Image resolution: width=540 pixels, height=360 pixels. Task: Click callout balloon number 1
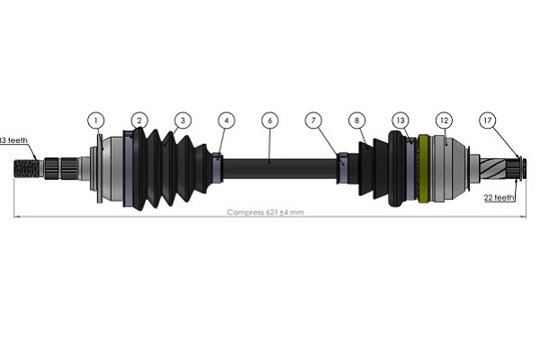point(96,120)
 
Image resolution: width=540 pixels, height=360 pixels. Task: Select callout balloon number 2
point(139,120)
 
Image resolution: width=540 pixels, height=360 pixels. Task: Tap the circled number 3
point(183,120)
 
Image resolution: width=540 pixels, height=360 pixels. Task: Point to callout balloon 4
point(226,120)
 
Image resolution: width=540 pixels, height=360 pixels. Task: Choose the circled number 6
point(269,120)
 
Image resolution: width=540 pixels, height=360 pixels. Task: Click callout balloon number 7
point(312,120)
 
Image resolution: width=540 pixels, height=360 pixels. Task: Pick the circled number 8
point(357,120)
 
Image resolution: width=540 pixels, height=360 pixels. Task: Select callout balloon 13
point(400,120)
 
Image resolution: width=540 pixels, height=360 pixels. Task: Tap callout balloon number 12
point(443,120)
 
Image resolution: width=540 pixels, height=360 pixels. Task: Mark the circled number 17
point(488,120)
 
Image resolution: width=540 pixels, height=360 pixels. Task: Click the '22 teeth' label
point(499,196)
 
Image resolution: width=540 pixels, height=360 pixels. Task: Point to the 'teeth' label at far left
point(16,140)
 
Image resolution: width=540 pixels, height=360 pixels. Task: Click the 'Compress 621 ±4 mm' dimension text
point(265,212)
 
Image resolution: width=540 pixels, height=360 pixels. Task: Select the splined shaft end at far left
point(27,167)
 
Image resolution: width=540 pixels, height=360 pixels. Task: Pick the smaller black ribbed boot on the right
point(371,166)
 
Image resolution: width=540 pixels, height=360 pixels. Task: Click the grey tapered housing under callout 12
point(450,167)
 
